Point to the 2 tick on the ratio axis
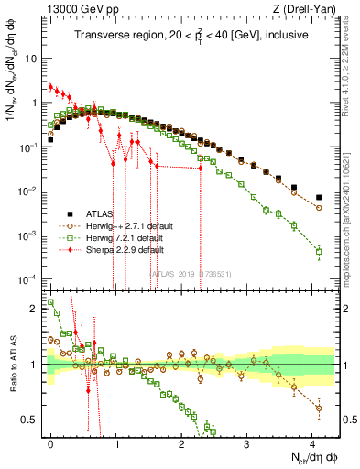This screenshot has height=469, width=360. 38,309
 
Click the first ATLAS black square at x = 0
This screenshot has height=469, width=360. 50,140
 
